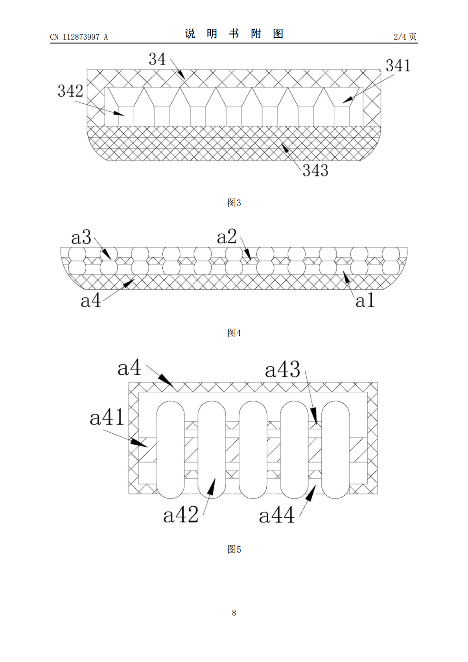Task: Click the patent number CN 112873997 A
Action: [x=79, y=37]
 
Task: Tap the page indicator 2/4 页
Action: [x=405, y=37]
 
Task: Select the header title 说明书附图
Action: [x=234, y=34]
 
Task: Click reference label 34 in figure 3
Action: [x=157, y=59]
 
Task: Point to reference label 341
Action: [x=398, y=66]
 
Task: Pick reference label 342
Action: [x=70, y=91]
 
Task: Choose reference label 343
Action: [x=315, y=171]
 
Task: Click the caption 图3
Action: [x=234, y=203]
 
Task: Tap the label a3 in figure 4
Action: [x=81, y=237]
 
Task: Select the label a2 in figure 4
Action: [x=227, y=237]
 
